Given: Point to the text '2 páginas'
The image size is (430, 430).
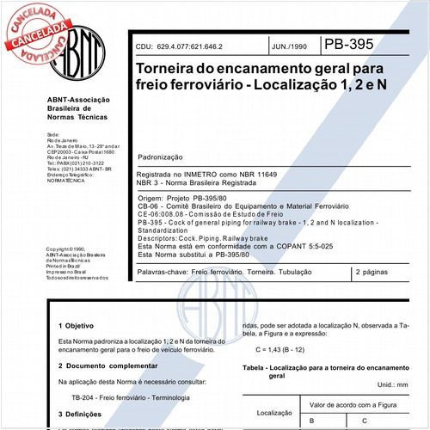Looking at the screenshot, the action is point(371,272).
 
